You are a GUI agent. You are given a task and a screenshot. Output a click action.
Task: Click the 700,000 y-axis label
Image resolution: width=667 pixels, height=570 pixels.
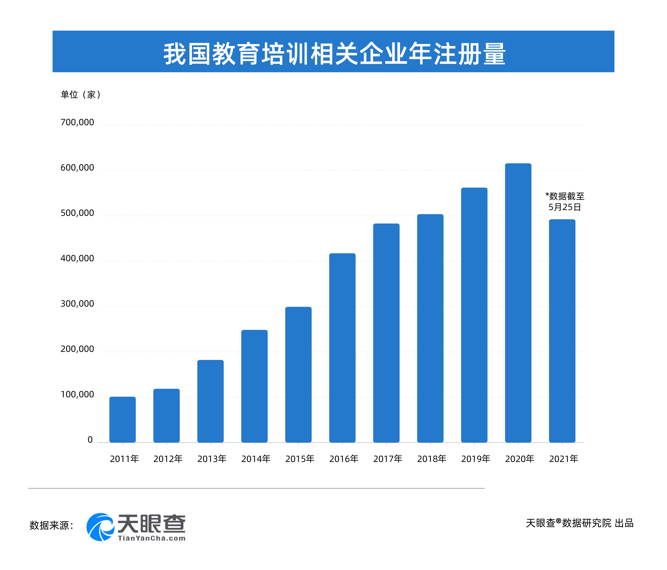point(77,122)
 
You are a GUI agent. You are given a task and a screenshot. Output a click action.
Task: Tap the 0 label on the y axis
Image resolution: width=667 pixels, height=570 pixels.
point(90,440)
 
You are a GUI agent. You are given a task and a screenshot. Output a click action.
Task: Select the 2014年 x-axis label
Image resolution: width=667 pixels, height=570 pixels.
point(256,459)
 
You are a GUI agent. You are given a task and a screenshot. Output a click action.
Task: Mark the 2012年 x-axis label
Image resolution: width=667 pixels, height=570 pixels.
point(168,459)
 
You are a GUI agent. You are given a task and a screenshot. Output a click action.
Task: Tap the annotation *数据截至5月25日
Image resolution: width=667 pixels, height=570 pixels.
point(565,202)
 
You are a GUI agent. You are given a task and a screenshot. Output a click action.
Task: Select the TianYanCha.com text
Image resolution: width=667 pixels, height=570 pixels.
point(152,538)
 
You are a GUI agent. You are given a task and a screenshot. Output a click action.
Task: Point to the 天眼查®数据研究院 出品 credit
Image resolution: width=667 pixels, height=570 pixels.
point(579,523)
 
